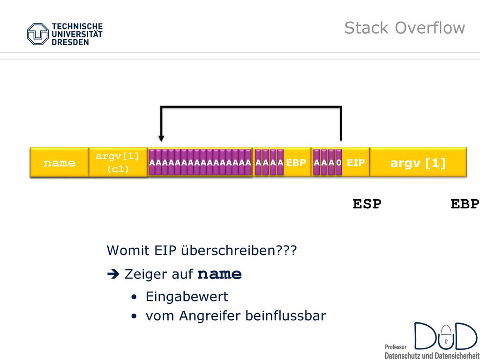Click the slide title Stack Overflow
click(x=405, y=28)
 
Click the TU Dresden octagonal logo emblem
click(x=37, y=34)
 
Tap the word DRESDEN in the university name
click(x=70, y=42)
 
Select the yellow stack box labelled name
click(x=60, y=162)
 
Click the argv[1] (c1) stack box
click(x=118, y=162)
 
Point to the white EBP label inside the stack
click(x=296, y=163)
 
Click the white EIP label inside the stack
click(x=356, y=163)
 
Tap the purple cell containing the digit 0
click(x=338, y=162)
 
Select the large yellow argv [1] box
click(x=418, y=162)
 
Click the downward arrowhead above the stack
click(x=161, y=139)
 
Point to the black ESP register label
click(x=367, y=204)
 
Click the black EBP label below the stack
click(x=465, y=204)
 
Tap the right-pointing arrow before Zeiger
click(x=113, y=274)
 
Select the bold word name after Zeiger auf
click(x=219, y=274)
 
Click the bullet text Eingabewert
click(x=187, y=297)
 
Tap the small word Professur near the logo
click(x=396, y=347)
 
